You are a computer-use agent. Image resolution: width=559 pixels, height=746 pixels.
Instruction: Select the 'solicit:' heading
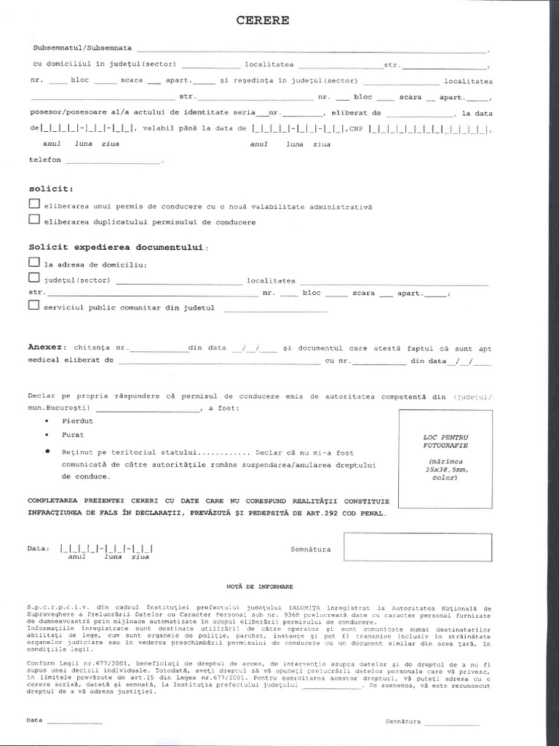click(47, 189)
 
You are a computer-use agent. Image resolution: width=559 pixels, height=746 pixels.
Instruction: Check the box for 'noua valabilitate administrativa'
click(33, 205)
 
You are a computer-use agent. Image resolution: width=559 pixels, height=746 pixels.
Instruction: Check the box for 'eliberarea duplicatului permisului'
click(33, 220)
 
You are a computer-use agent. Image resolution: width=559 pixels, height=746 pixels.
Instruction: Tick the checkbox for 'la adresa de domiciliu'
click(33, 262)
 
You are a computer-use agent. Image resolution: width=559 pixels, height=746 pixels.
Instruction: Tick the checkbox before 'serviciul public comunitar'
click(33, 307)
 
